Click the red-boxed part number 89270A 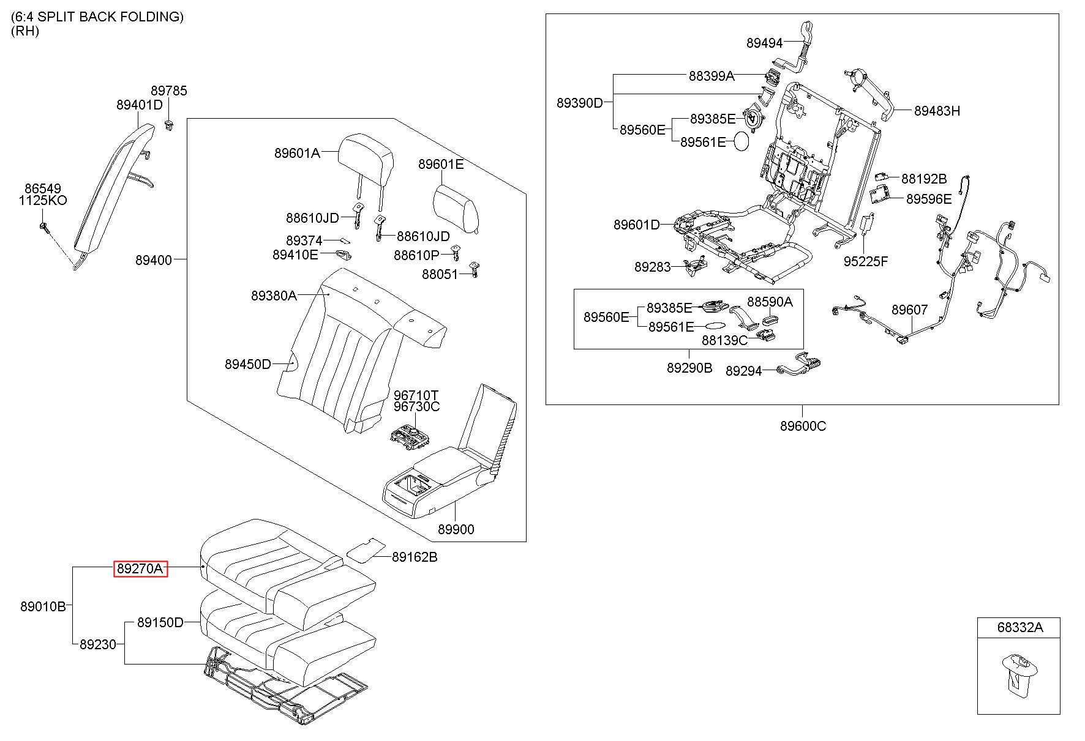point(140,569)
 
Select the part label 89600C point(803,426)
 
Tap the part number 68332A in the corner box point(1019,627)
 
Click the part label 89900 point(456,529)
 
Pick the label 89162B point(415,557)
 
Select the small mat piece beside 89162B point(367,549)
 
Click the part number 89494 point(764,43)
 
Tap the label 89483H point(937,111)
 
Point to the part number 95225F point(866,261)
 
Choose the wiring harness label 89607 point(909,310)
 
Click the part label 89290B point(689,368)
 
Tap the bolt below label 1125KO point(44,227)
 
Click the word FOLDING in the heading point(152,17)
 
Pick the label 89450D point(247,365)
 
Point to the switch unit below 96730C point(411,436)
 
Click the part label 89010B point(43,607)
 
